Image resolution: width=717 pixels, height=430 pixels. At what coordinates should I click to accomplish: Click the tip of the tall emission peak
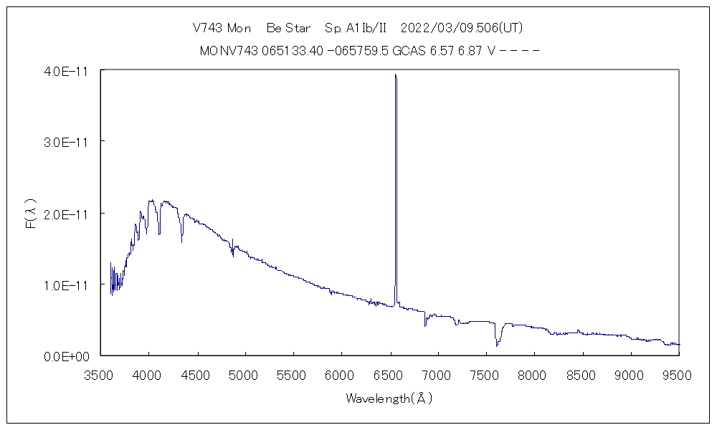(395, 75)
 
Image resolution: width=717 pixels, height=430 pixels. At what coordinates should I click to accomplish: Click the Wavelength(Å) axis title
(389, 398)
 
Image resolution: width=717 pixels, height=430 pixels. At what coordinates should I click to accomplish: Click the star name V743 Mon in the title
(222, 29)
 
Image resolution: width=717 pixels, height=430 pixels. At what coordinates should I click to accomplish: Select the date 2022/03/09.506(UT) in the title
(462, 29)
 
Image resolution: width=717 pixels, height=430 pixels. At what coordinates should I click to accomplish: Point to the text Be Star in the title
(288, 29)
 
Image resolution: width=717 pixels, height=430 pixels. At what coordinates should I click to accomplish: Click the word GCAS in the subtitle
(407, 51)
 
